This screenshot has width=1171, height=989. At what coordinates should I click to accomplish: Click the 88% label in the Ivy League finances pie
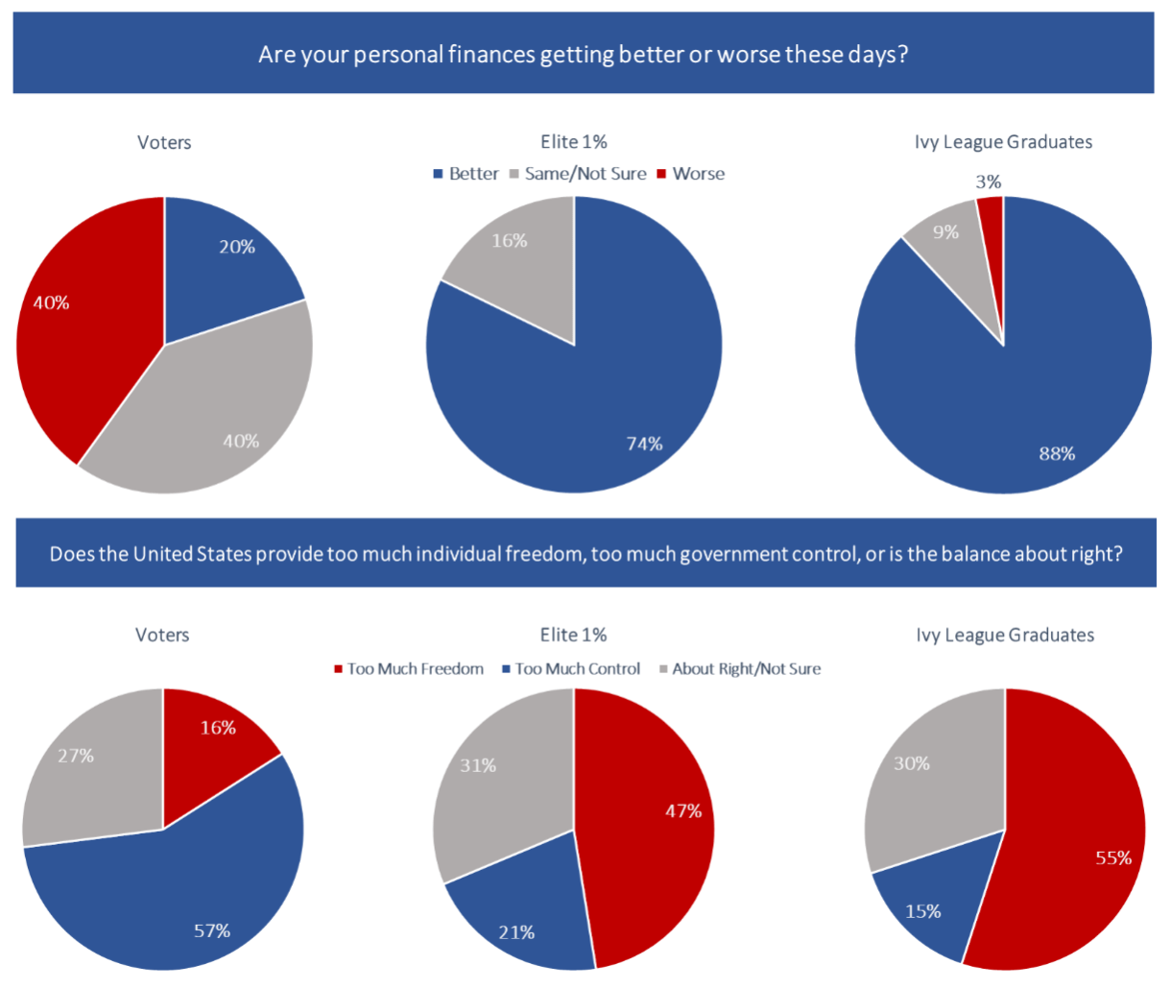[x=1057, y=453]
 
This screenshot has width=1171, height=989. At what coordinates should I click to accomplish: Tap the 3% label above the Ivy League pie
[x=989, y=181]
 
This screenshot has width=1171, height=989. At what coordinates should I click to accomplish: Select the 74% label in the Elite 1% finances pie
[x=644, y=444]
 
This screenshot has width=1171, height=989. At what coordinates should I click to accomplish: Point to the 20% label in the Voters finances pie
[x=237, y=247]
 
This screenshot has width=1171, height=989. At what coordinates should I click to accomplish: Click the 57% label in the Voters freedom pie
[x=212, y=930]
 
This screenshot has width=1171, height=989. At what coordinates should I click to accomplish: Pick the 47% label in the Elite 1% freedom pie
[x=683, y=811]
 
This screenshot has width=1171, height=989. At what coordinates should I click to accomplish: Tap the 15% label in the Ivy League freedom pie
[x=923, y=911]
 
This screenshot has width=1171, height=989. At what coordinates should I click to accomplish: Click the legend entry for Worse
[x=691, y=174]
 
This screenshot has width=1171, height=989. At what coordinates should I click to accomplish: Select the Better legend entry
[x=466, y=174]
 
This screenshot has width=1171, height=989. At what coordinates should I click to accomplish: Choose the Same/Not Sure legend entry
[x=578, y=174]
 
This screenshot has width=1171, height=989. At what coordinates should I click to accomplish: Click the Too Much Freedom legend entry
[x=409, y=669]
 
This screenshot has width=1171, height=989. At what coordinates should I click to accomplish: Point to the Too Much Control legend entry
[x=571, y=669]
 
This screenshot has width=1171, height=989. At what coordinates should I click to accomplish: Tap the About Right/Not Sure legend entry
[x=740, y=669]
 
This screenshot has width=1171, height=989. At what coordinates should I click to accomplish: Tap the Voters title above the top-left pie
[x=164, y=142]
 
